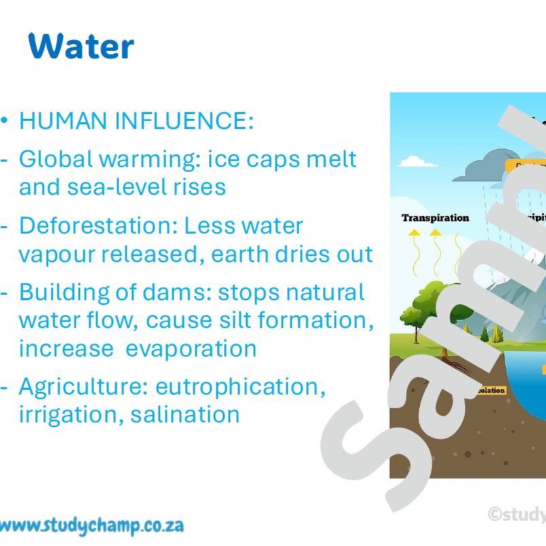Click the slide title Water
(81, 46)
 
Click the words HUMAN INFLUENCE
(136, 122)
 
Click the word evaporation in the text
(191, 348)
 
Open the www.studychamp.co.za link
(91, 525)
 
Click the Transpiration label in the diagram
(435, 218)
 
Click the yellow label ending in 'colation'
(490, 390)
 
